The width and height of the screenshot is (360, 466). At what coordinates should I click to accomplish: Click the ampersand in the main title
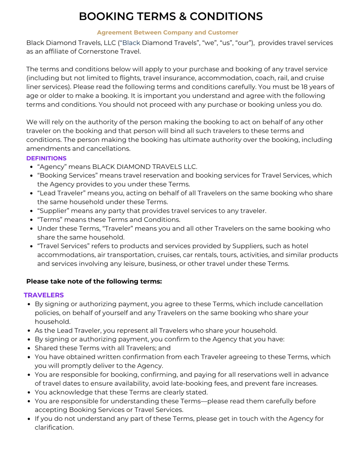[x=183, y=17]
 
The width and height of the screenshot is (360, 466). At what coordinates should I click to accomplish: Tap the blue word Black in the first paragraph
[x=131, y=43]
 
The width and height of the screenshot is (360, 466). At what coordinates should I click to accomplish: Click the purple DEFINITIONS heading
[x=46, y=158]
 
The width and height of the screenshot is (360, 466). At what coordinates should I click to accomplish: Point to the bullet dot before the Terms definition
[x=31, y=220]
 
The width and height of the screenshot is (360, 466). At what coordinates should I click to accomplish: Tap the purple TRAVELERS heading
[x=44, y=295]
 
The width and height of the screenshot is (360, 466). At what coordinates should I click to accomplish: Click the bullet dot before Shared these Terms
[x=29, y=348]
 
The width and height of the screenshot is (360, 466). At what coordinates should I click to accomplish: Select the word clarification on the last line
[x=54, y=428]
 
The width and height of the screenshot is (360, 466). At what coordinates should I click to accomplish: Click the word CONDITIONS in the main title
[x=226, y=17]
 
